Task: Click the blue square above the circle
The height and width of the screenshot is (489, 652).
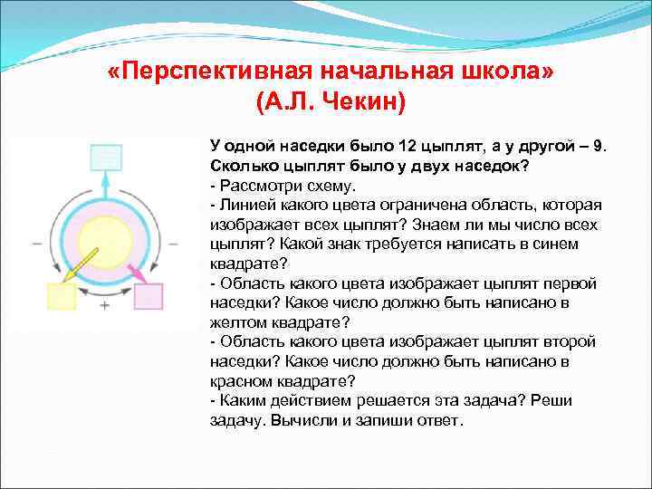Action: point(105,158)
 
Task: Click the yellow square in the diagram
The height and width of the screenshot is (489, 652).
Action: point(61,297)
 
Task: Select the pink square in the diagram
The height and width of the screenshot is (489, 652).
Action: point(148,297)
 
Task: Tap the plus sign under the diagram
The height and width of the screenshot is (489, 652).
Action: point(105,306)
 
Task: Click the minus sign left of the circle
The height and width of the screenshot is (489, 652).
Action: point(36,244)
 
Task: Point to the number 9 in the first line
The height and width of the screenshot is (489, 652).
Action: point(597,147)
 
